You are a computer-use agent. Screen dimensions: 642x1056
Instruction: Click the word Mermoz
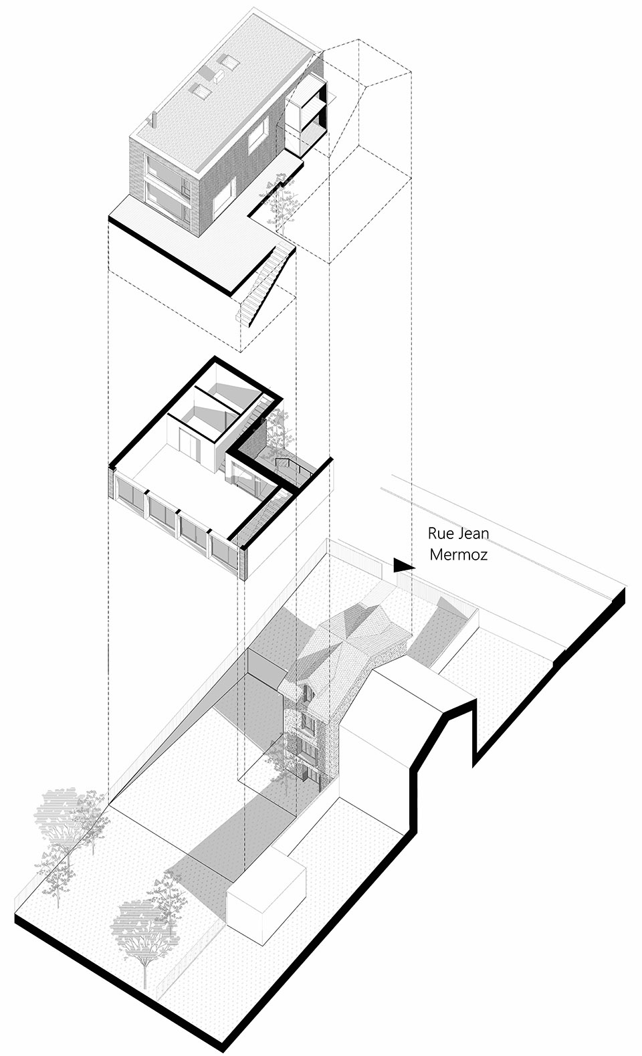pos(458,554)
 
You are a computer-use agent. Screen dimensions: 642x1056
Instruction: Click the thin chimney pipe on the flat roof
pos(152,120)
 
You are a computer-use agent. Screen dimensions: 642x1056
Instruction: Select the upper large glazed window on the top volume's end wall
pos(165,172)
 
